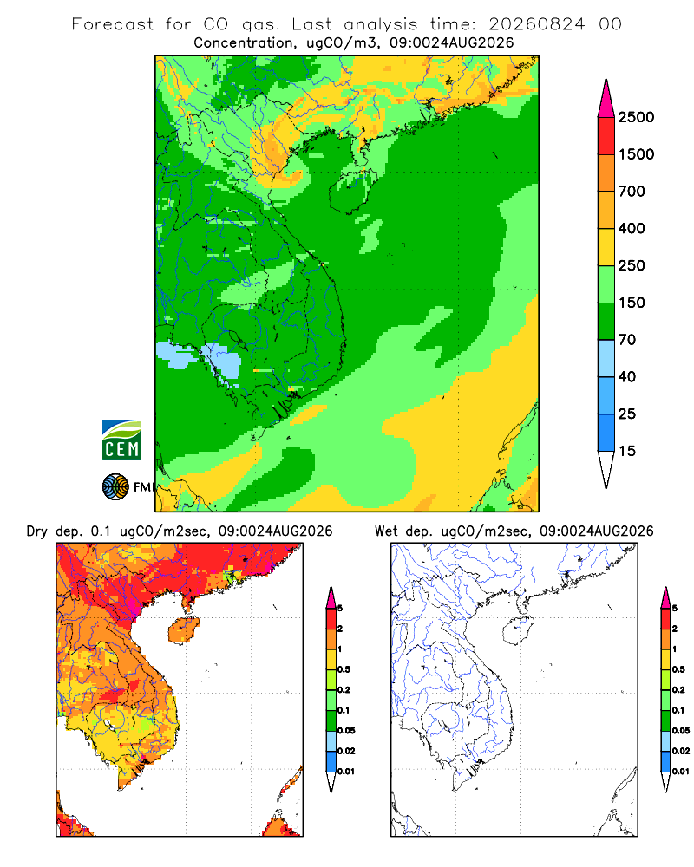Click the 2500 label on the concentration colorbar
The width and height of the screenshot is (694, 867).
point(636,117)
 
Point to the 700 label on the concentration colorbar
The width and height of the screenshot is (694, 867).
point(632,192)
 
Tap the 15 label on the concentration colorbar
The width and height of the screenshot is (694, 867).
point(627,451)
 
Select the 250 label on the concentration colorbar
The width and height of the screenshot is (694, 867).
point(632,265)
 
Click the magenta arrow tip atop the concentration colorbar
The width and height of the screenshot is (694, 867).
point(606,99)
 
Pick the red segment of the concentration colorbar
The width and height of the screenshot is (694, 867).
point(606,136)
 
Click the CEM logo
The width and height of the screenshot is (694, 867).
point(121,440)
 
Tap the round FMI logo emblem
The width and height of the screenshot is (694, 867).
point(115,486)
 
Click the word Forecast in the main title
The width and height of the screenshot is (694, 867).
point(113,24)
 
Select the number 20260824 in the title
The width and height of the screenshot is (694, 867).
point(536,24)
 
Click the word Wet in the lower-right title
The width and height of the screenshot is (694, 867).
point(386,531)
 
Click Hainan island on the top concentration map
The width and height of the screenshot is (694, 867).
point(350,192)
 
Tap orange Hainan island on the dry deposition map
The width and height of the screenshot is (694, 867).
point(183,630)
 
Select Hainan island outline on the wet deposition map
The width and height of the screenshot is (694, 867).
point(519,630)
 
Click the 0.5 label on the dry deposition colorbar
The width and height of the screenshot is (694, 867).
point(344,669)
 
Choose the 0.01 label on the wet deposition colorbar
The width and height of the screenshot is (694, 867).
point(681,772)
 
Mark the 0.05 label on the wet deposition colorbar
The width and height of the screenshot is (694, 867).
point(681,730)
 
